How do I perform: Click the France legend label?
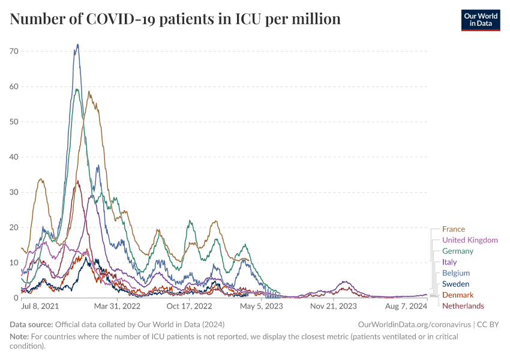453,229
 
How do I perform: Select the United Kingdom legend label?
470,240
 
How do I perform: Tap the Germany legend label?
457,251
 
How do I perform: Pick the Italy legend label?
449,262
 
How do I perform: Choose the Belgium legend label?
455,273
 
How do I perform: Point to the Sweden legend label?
455,284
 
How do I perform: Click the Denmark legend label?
457,295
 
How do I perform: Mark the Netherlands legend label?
463,306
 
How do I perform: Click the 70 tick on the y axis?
13,52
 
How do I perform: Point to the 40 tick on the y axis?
13,157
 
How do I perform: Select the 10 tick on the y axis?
13,263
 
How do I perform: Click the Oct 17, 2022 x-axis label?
190,306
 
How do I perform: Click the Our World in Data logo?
480,19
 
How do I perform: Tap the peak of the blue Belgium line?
77,44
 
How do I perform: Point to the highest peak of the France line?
89,91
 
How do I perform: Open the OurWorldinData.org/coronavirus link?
414,324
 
